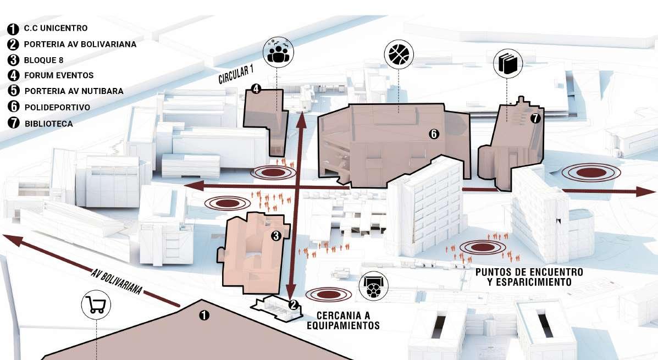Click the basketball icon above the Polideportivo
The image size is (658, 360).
pyautogui.click(x=400, y=54)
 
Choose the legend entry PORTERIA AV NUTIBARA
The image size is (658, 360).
pyautogui.click(x=73, y=91)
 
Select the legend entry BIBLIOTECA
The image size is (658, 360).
pyautogui.click(x=48, y=124)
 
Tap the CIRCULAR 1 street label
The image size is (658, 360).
pyautogui.click(x=236, y=74)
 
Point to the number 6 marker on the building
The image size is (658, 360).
pyautogui.click(x=434, y=134)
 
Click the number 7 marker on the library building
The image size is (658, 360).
pyautogui.click(x=535, y=118)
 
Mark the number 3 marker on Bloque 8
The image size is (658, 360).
pyautogui.click(x=277, y=236)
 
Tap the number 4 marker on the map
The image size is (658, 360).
pyautogui.click(x=255, y=88)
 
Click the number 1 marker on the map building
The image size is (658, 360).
pyautogui.click(x=204, y=315)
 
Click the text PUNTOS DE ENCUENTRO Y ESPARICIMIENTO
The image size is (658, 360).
pyautogui.click(x=529, y=277)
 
